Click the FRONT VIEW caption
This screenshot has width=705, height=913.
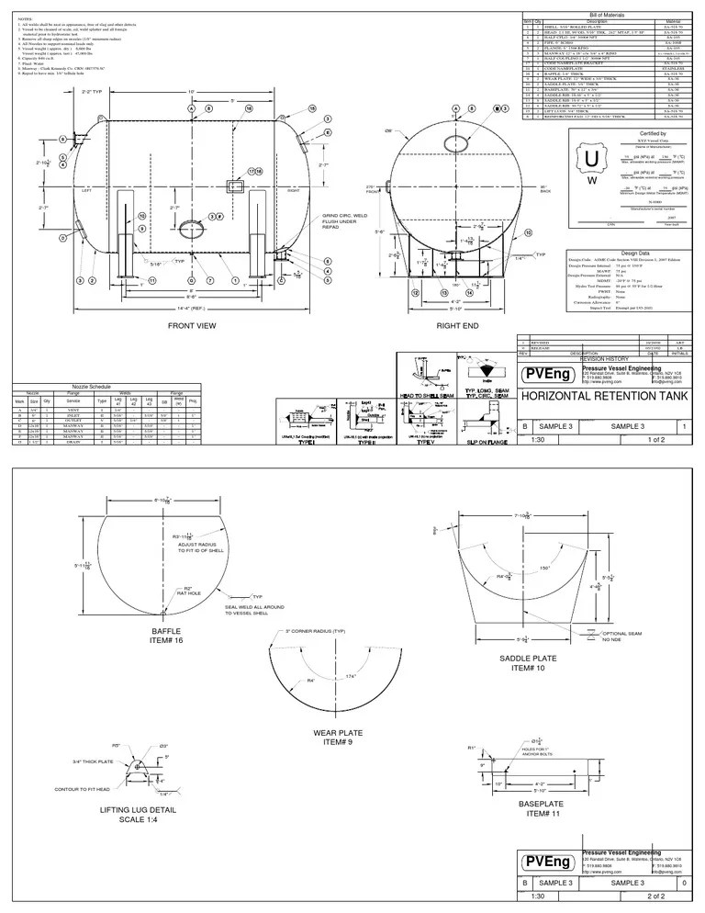tap(191, 326)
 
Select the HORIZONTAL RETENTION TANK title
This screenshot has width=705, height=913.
tap(602, 397)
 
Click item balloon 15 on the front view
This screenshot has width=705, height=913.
tap(312, 107)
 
